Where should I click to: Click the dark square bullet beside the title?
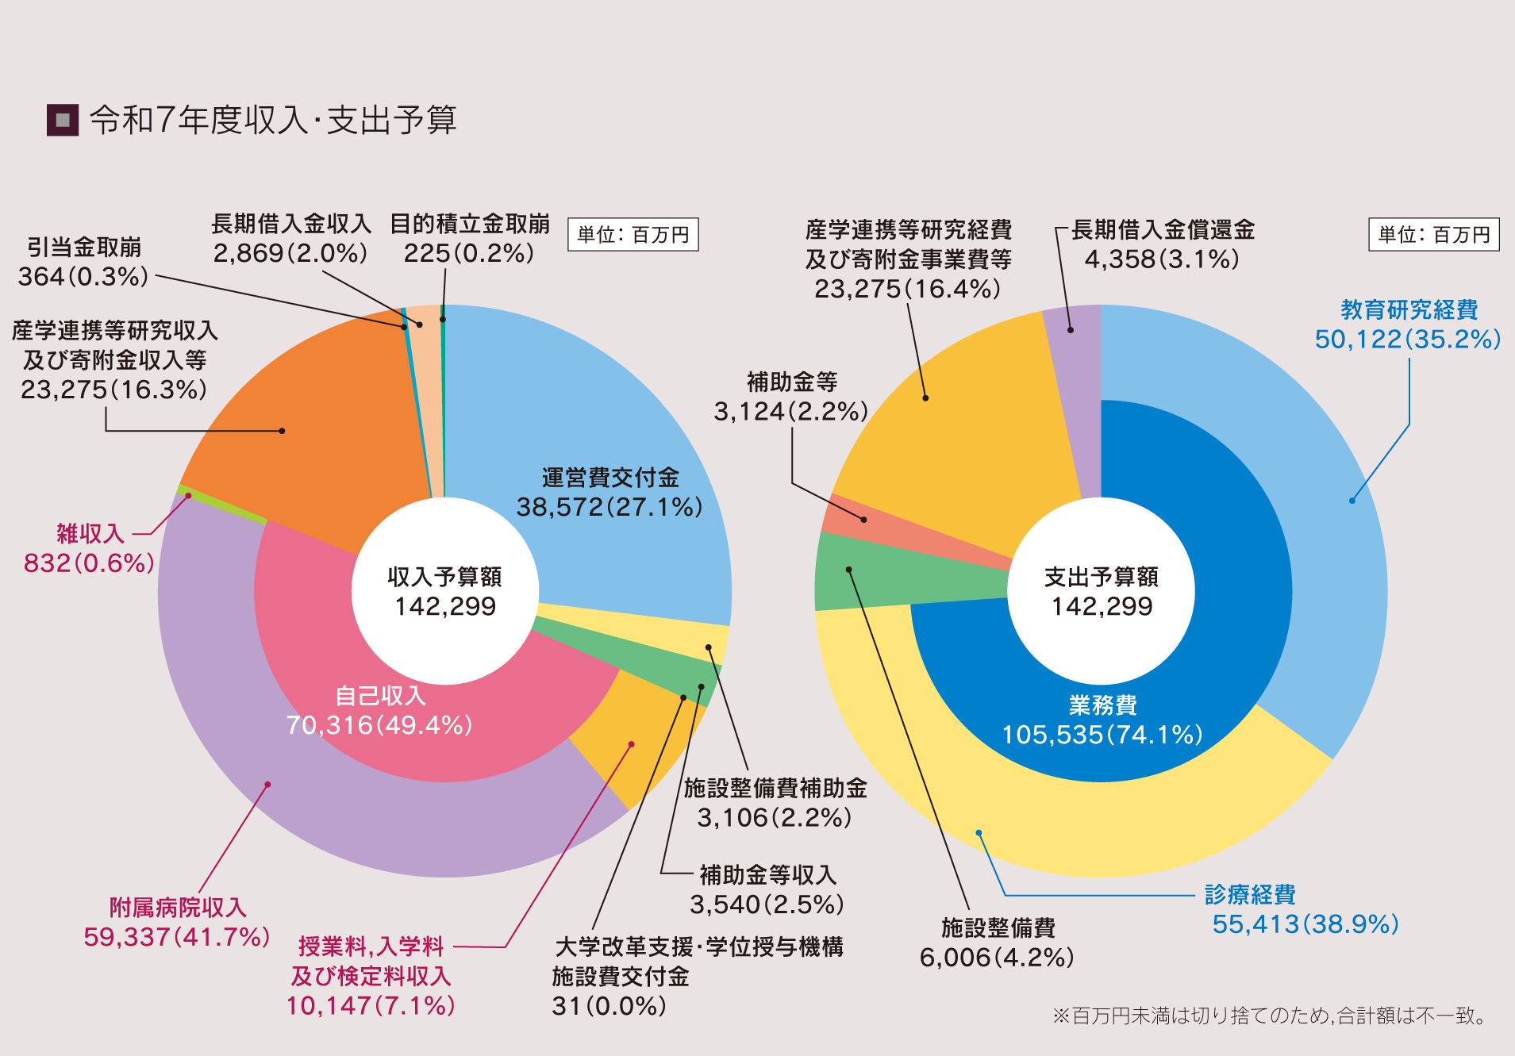[63, 121]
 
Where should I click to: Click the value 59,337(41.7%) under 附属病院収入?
[177, 937]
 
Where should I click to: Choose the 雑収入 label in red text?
[90, 533]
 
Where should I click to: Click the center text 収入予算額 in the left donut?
[444, 577]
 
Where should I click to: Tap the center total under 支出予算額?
[1102, 607]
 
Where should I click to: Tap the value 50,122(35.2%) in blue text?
[1408, 340]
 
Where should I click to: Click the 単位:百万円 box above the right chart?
[1433, 235]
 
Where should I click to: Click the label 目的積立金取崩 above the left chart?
[470, 225]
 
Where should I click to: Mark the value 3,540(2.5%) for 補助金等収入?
[767, 904]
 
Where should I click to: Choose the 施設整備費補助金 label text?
[775, 788]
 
